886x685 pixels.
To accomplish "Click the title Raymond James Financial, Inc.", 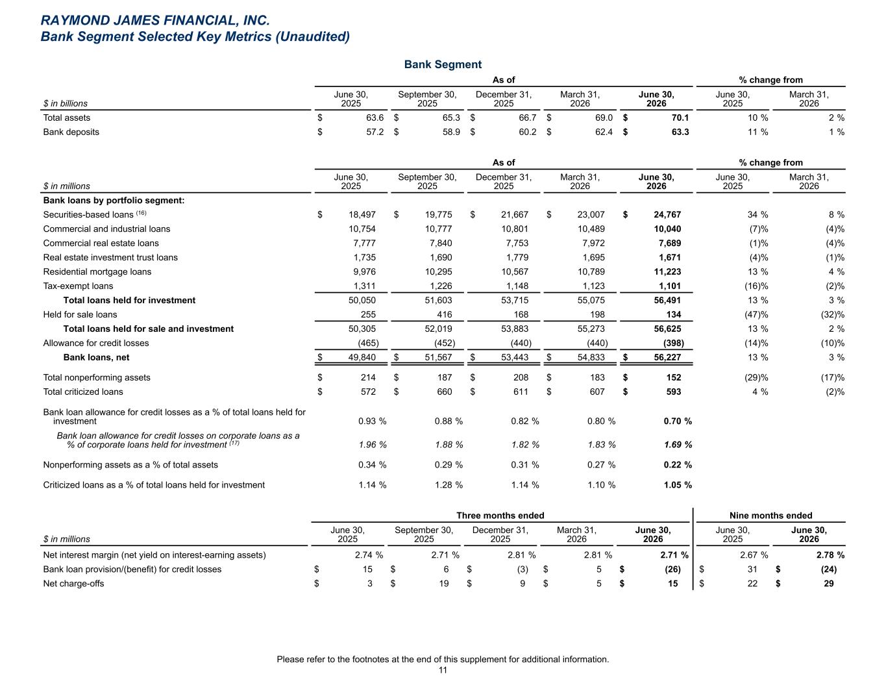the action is (x=155, y=20).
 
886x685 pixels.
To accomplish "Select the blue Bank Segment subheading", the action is (x=443, y=64).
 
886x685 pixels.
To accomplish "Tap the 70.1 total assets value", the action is (x=680, y=118).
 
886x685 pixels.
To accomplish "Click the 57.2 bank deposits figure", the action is (x=375, y=132).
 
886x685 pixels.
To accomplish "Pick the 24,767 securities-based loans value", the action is (x=667, y=214).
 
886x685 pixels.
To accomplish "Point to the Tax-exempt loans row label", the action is (x=78, y=286).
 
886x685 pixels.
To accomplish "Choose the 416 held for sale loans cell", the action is (x=445, y=314).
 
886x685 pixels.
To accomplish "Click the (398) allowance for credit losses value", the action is (x=673, y=343).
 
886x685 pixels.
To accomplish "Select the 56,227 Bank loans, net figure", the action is (x=667, y=357).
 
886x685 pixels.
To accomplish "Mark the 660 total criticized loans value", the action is (x=445, y=392).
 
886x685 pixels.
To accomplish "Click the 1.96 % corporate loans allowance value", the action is (x=373, y=445).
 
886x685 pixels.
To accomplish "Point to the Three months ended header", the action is (x=500, y=516).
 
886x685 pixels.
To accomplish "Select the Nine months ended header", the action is (x=770, y=516).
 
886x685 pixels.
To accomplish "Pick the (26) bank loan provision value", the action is (x=672, y=569).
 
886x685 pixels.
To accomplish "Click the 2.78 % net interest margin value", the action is (x=831, y=555).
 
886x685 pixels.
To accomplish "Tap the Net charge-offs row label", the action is (x=73, y=584).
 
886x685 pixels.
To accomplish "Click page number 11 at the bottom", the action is (x=443, y=670).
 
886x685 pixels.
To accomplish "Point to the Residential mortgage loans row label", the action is (x=97, y=271).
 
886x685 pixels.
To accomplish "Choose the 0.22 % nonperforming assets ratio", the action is (x=678, y=465).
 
